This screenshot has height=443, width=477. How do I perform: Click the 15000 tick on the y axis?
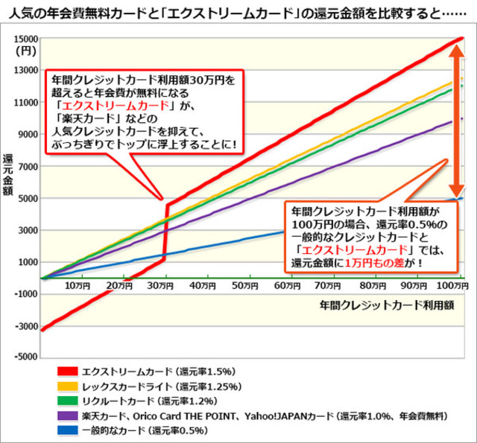tap(26, 39)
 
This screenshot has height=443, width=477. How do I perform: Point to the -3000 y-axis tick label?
tap(26, 327)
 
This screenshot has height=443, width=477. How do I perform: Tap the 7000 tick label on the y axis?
tap(28, 167)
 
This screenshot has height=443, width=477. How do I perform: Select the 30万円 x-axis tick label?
tap(160, 286)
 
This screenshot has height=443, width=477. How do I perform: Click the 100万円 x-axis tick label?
tap(452, 286)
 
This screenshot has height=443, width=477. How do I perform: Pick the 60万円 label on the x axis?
tap(287, 286)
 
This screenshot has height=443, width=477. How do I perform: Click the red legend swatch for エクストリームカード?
tap(68, 372)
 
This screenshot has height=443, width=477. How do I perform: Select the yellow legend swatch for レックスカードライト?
tap(68, 386)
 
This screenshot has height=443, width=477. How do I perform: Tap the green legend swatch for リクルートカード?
tap(68, 401)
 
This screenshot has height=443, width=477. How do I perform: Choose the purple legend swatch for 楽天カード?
tap(68, 415)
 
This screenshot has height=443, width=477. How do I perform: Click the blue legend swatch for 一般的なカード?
tap(68, 430)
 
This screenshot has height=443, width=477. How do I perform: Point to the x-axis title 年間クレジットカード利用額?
tap(387, 305)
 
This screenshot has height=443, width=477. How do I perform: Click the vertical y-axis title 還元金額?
tap(7, 174)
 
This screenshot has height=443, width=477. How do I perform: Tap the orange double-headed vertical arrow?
tap(457, 121)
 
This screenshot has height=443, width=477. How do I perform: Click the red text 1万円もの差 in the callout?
tap(374, 263)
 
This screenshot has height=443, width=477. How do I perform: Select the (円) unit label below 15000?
tap(26, 51)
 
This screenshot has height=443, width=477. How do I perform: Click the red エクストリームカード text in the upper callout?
tap(116, 106)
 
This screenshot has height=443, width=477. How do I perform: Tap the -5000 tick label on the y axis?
tap(26, 357)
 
